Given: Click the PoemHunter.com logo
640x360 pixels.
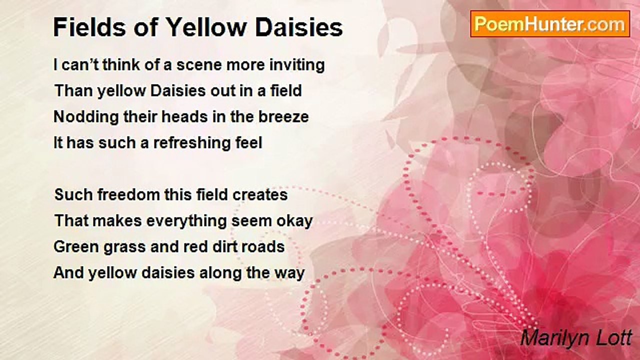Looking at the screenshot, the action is click(550, 24).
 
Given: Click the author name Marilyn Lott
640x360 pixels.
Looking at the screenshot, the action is click(576, 338).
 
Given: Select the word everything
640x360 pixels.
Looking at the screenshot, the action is click(186, 221).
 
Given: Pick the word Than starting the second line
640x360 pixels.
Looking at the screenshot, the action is click(73, 91).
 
